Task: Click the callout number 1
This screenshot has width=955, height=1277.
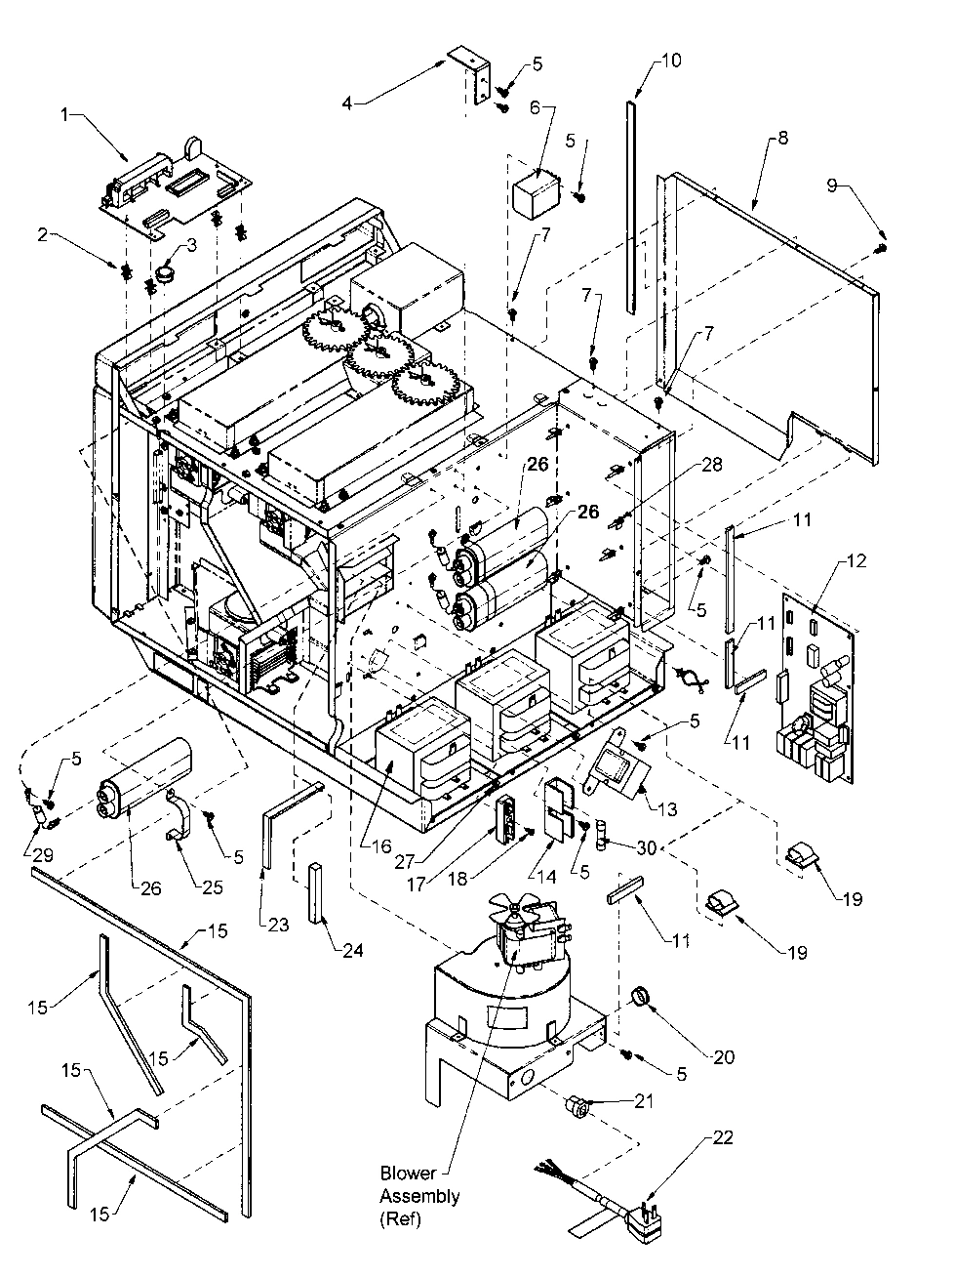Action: click(65, 114)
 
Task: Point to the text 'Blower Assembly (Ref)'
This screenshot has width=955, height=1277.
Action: click(419, 1196)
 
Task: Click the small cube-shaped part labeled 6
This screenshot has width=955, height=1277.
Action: click(532, 191)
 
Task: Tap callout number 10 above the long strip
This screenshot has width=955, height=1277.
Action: click(672, 60)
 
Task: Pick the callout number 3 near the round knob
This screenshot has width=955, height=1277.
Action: click(192, 246)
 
